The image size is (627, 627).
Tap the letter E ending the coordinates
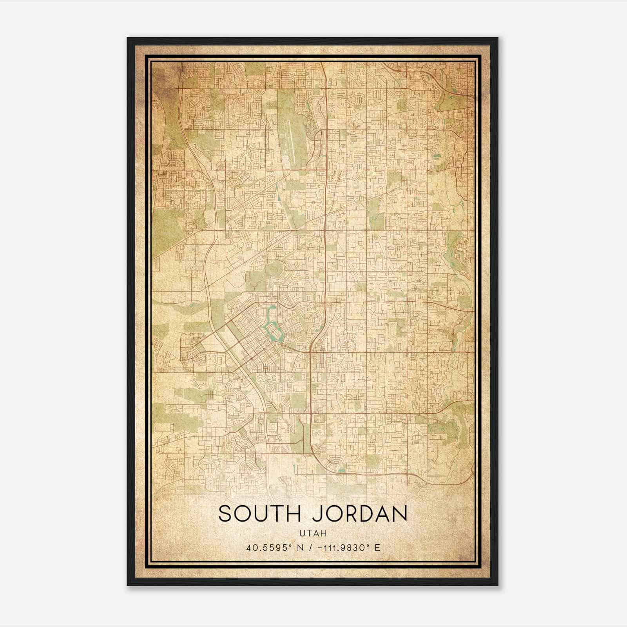[377, 547]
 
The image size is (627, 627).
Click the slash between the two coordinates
[311, 547]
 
